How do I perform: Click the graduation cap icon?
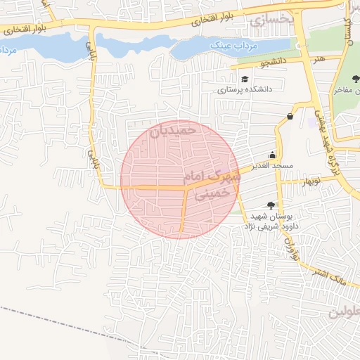244,79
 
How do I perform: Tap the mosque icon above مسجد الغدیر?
273,155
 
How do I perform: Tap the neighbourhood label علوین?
345,311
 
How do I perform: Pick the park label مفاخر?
347,90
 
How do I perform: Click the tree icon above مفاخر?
356,79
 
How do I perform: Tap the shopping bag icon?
290,117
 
